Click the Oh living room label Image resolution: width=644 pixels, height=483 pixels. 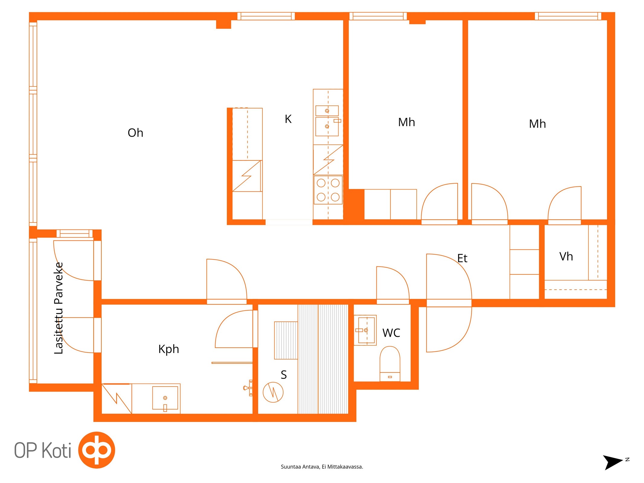[135, 133]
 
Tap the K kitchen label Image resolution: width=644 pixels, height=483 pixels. [288, 119]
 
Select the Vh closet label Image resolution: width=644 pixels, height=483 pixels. [566, 256]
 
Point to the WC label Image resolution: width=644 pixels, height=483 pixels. [391, 333]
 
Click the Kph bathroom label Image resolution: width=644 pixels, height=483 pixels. [168, 349]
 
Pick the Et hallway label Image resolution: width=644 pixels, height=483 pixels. [462, 258]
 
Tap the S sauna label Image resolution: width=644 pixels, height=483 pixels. [284, 375]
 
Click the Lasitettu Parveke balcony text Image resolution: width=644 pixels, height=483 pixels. [59, 308]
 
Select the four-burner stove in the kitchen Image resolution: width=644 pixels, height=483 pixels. [328, 190]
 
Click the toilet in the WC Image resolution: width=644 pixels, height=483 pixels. [390, 363]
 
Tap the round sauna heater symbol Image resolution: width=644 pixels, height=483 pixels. [273, 392]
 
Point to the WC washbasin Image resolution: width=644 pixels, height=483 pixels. [365, 330]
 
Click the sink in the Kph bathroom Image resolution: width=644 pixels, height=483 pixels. [165, 398]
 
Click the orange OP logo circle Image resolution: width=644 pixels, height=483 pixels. [97, 450]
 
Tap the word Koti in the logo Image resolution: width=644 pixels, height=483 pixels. [56, 450]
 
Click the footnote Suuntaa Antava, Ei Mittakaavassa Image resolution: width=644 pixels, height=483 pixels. [322, 467]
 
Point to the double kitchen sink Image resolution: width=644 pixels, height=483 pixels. [327, 120]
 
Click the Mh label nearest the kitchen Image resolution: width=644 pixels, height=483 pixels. [406, 122]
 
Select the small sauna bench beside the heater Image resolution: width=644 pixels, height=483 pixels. [286, 341]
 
